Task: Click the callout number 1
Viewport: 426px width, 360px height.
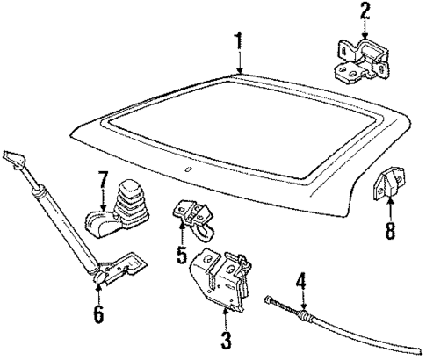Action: [x=238, y=40]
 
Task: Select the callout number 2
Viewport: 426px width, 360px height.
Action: [x=365, y=12]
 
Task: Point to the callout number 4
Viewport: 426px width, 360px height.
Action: [x=300, y=284]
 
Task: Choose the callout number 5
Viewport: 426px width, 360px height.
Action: [x=182, y=258]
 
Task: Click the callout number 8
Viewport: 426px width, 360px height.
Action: [x=390, y=231]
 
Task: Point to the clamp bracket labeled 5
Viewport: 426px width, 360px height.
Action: [x=195, y=217]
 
